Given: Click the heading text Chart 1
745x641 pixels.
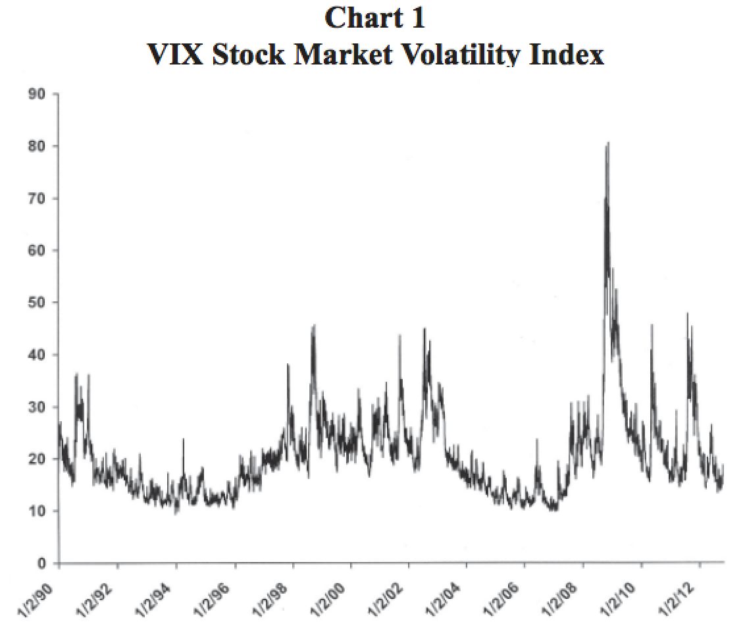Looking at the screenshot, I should tap(375, 18).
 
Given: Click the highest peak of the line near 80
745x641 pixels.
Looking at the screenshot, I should tap(608, 143).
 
